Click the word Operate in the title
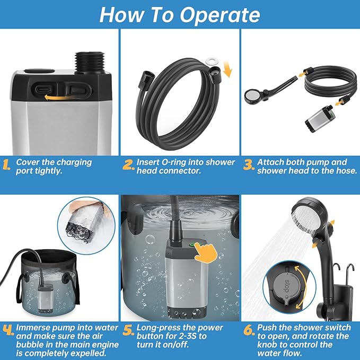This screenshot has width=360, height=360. (x=220, y=15)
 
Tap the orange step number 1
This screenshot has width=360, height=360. (x=6, y=164)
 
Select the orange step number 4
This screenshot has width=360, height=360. (x=8, y=330)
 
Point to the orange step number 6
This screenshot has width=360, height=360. (x=249, y=330)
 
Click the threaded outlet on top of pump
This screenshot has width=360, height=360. (x=90, y=63)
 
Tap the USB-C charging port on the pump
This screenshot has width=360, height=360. (x=44, y=90)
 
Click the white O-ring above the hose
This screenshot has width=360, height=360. (x=212, y=61)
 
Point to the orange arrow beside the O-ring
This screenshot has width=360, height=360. (x=227, y=69)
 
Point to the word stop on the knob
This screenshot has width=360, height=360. (x=286, y=286)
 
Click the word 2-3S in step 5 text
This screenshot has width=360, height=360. (x=185, y=336)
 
